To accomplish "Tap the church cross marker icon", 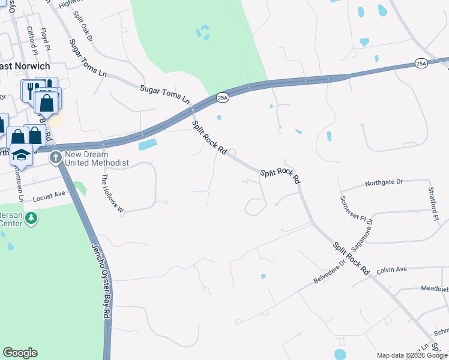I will point(56,158).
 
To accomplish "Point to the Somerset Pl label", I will point(349,209).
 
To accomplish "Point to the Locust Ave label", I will point(49,196).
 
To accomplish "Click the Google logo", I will point(20,353).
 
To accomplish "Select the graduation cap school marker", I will point(22,154).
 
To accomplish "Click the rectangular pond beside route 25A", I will point(148,145).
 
